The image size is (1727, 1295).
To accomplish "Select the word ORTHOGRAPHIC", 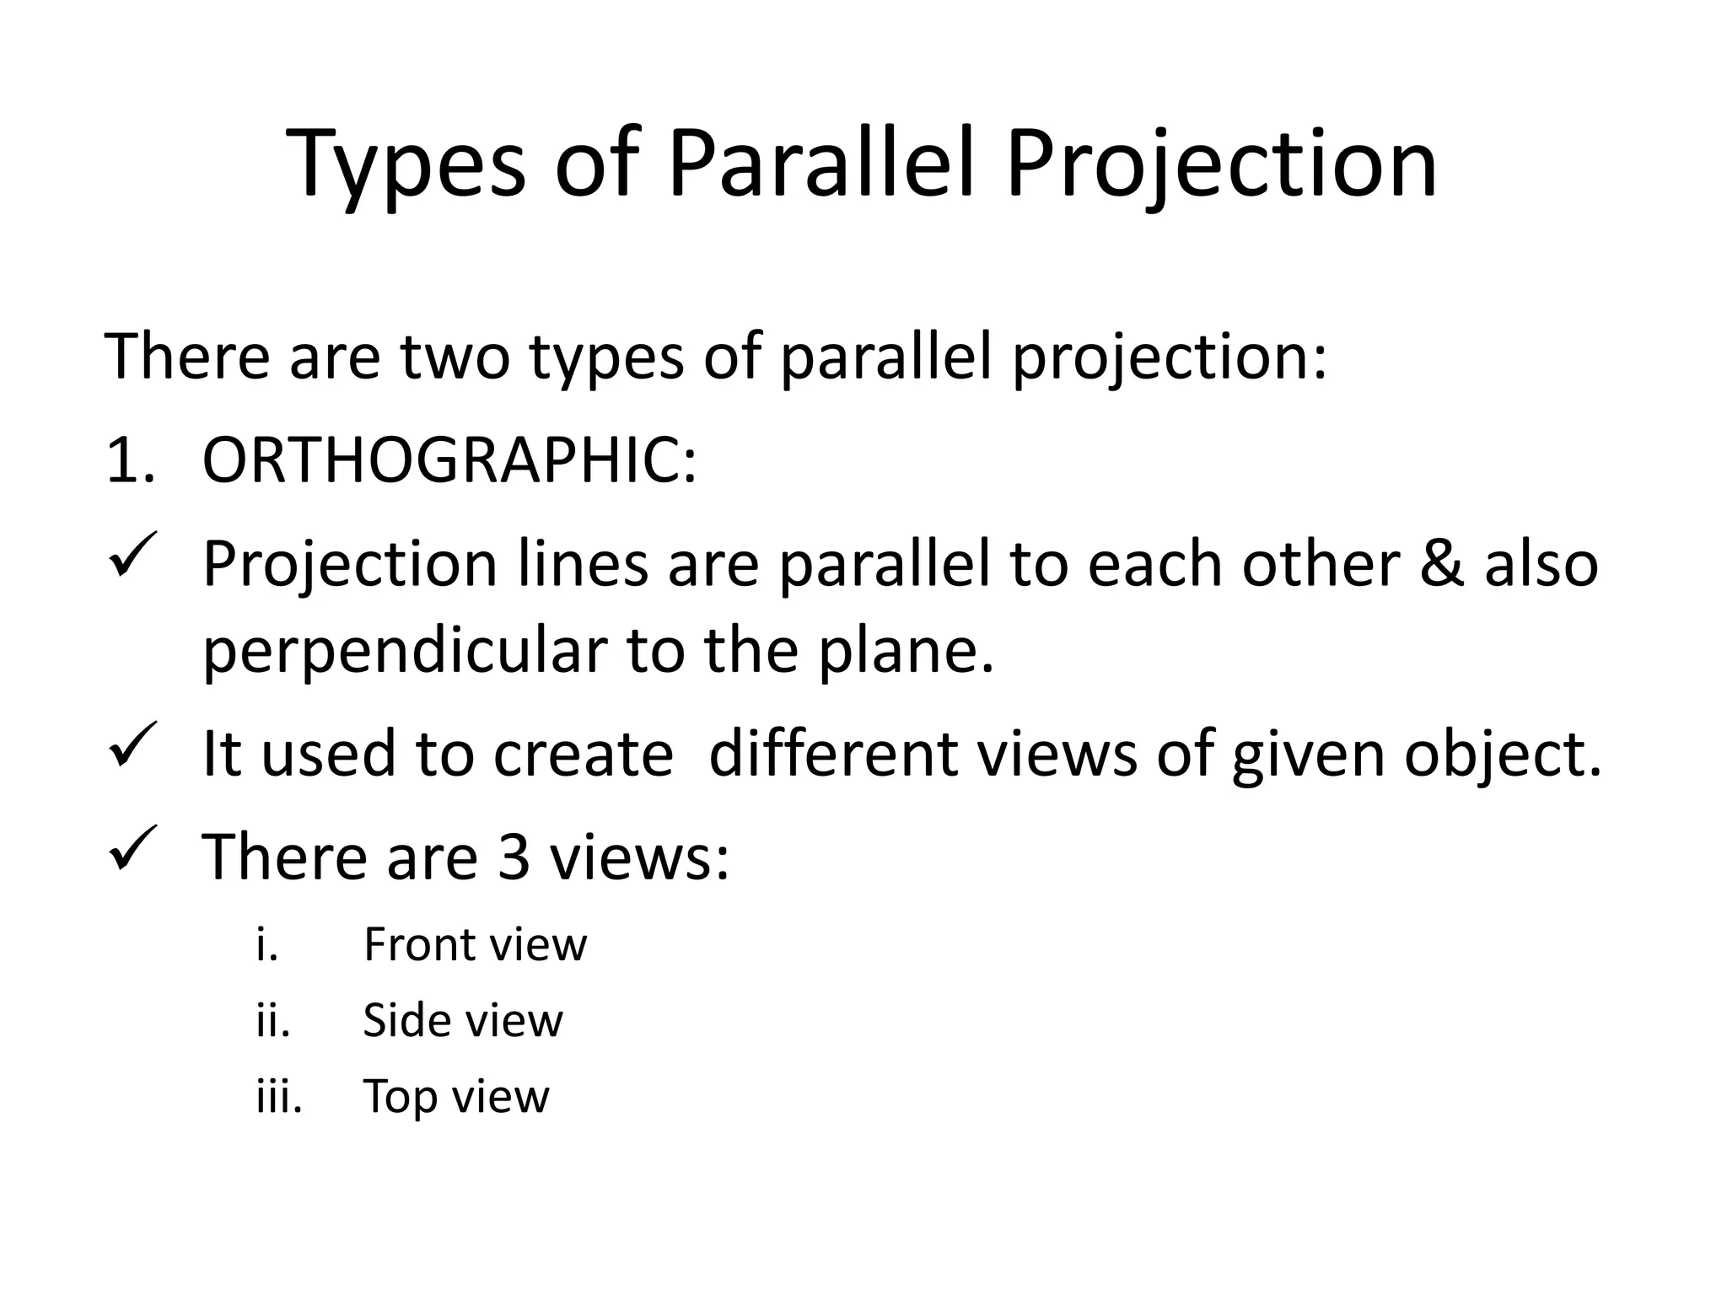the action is click(449, 461).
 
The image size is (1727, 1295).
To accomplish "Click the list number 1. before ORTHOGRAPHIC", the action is click(131, 461).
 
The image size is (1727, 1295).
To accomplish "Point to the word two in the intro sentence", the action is click(455, 356).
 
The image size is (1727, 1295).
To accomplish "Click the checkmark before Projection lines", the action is click(133, 555).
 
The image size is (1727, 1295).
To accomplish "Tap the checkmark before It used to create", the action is click(133, 744).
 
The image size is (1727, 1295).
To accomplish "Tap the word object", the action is click(1501, 755).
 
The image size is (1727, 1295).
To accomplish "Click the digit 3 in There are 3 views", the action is click(514, 857).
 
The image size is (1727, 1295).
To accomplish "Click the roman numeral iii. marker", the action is click(279, 1096).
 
